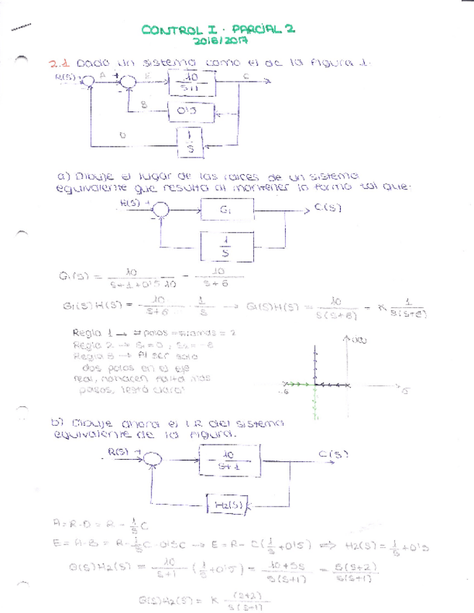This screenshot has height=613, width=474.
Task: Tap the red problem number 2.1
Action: point(59,64)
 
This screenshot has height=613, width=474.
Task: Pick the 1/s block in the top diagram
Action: point(190,142)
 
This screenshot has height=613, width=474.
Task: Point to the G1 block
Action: point(227,210)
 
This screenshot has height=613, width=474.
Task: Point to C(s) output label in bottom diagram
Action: point(334,455)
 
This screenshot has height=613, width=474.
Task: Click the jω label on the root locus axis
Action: point(357,340)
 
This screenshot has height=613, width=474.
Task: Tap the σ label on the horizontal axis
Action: point(405,391)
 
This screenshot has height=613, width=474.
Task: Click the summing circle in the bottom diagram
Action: point(151,460)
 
